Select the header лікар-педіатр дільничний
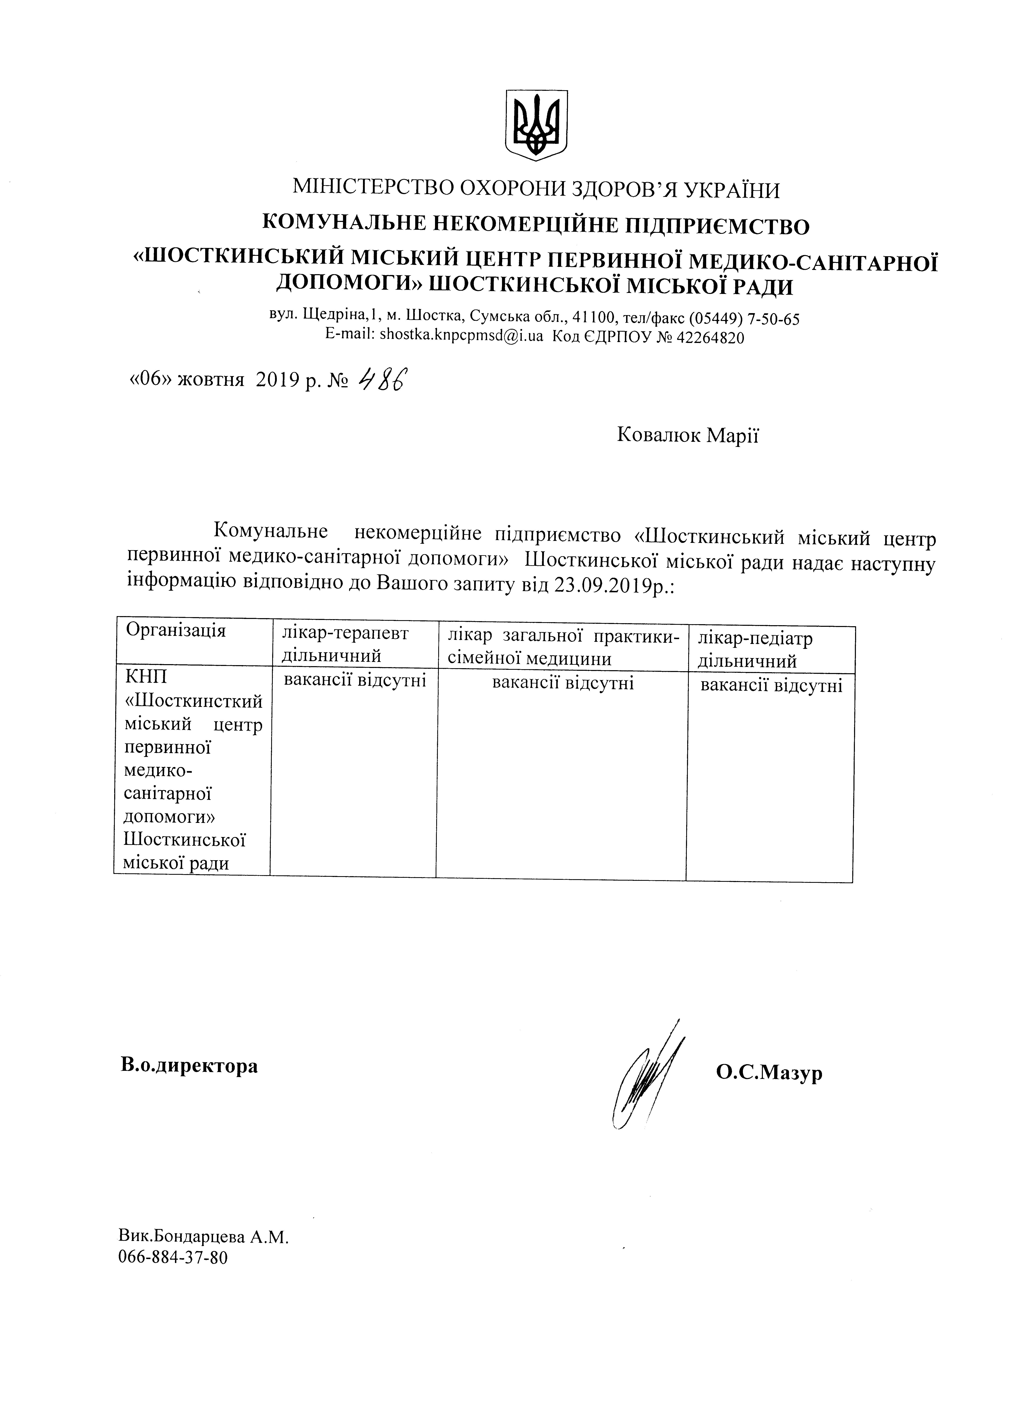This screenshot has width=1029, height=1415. click(755, 649)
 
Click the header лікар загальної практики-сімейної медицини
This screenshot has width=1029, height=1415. click(560, 646)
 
